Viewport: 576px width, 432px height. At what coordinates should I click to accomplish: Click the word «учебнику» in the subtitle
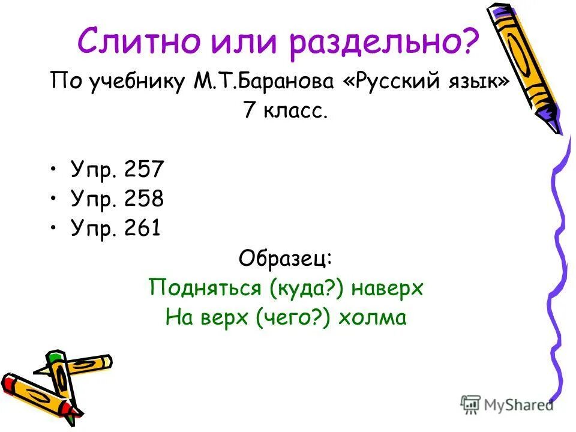tap(136, 82)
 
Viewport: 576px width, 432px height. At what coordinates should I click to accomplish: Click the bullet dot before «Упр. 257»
tap(55, 170)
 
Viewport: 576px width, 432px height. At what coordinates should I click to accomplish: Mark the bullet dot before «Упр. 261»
tap(55, 229)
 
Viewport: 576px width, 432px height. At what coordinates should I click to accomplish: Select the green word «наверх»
tap(388, 288)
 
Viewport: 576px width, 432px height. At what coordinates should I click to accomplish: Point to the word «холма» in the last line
tap(372, 317)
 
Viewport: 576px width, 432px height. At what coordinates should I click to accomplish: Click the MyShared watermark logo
tap(508, 404)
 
